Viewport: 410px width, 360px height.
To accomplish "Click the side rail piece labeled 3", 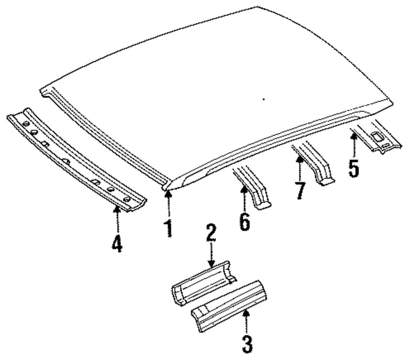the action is (230, 305).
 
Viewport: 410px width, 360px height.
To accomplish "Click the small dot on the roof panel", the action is (264, 99).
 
